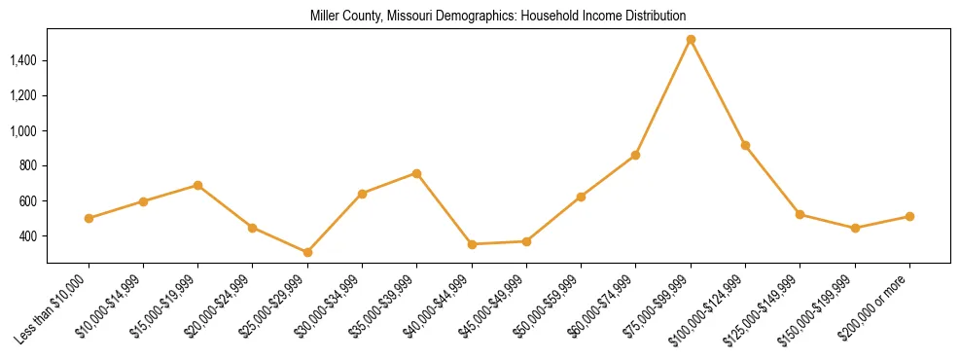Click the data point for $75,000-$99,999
(x=691, y=40)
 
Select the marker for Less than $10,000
(x=89, y=218)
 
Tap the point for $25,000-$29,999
(x=307, y=252)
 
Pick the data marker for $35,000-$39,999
(x=416, y=173)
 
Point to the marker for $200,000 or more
(x=909, y=216)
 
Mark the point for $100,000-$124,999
(x=745, y=145)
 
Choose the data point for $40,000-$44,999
(x=472, y=244)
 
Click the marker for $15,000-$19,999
(x=197, y=185)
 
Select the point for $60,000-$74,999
(x=635, y=155)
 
